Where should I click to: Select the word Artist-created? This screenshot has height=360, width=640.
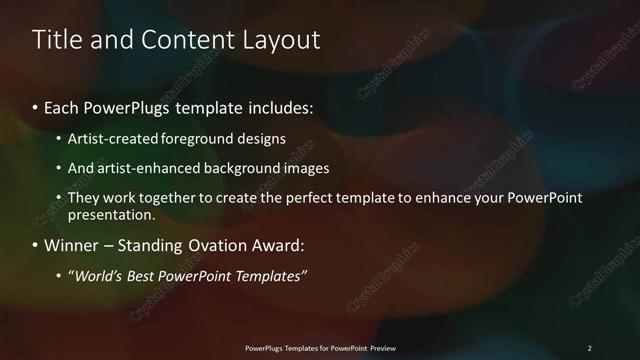(108, 138)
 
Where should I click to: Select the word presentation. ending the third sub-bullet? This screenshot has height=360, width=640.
(111, 214)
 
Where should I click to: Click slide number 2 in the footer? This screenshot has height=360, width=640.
(589, 348)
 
